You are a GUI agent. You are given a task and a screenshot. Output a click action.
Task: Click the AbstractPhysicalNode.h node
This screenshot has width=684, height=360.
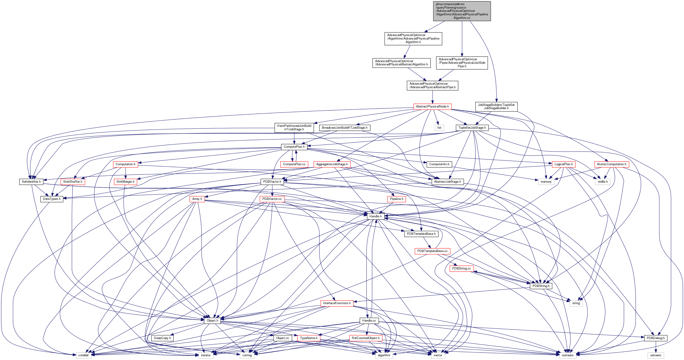(x=432, y=107)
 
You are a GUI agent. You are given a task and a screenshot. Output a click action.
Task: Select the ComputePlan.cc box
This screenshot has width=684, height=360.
(x=294, y=164)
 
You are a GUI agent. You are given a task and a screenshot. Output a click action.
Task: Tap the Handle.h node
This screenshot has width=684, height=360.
(x=375, y=216)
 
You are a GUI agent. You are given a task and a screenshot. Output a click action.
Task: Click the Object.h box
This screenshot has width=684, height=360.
(x=212, y=320)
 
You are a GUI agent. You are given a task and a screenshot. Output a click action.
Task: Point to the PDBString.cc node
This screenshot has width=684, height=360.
(x=461, y=268)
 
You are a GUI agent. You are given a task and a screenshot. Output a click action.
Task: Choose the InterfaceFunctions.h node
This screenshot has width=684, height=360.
(x=337, y=303)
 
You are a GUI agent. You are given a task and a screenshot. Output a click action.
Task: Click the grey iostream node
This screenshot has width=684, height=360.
(x=567, y=355)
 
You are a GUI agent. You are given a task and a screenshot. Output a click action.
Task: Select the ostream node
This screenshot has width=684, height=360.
(x=656, y=355)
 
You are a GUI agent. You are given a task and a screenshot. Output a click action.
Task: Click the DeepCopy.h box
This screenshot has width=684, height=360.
(x=162, y=338)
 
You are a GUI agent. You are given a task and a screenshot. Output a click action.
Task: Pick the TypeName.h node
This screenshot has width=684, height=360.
(x=309, y=338)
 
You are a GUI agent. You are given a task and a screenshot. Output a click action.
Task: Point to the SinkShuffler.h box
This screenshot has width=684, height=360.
(x=73, y=182)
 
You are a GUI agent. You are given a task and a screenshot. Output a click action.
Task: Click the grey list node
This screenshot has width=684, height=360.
(x=439, y=128)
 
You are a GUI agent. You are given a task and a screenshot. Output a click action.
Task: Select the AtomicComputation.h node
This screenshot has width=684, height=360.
(x=611, y=164)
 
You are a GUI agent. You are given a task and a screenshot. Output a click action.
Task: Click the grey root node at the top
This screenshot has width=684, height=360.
(x=462, y=11)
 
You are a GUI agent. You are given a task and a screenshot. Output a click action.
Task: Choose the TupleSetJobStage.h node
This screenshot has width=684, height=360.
(x=472, y=128)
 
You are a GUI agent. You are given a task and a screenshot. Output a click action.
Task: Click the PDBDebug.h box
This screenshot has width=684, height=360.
(x=655, y=338)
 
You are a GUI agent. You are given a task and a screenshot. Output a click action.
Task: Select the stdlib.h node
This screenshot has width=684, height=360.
(x=603, y=182)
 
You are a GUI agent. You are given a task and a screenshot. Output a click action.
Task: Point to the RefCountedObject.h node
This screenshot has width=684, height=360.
(x=365, y=338)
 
